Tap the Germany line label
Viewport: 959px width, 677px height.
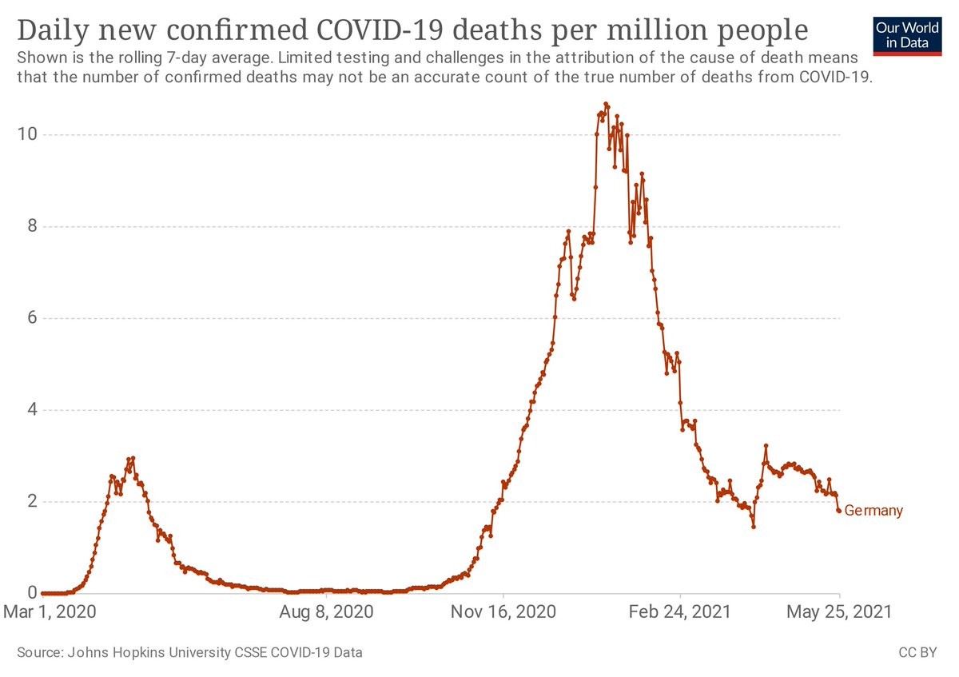[x=873, y=511]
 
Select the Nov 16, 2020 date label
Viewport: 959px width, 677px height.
[x=503, y=613]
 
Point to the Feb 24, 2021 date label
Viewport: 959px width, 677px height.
[x=680, y=613]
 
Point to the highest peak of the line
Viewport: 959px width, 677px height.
[x=606, y=104]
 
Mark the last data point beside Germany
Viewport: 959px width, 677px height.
[x=838, y=510]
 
